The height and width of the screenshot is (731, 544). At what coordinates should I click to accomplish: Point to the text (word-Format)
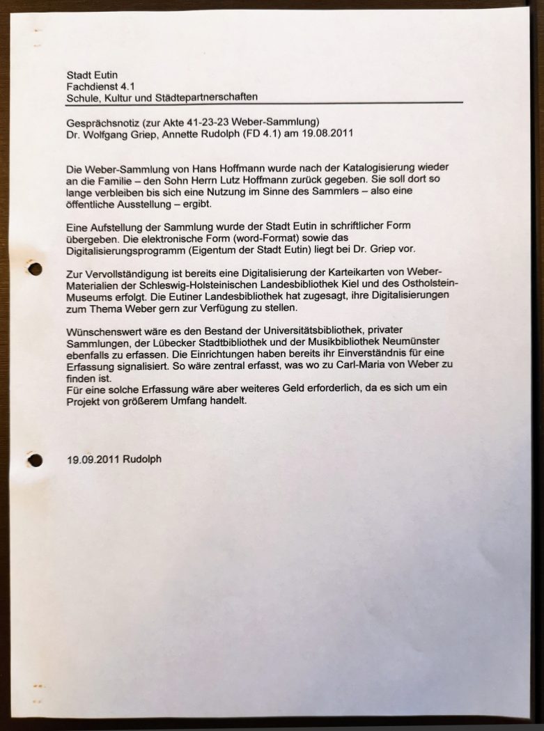tap(251, 239)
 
